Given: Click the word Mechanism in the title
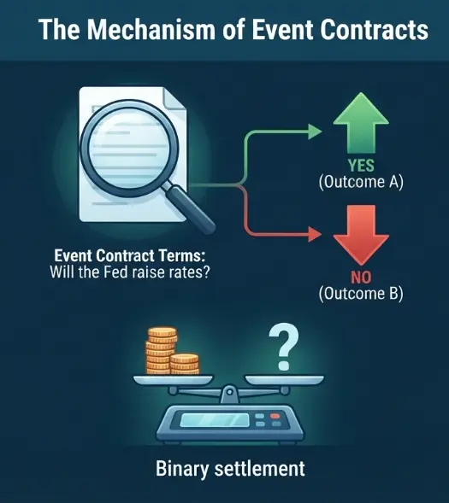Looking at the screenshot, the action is [x=151, y=30].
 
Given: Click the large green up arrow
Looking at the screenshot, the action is [x=361, y=122].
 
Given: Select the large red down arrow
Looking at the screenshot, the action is [x=361, y=235].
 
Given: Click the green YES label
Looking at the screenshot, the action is [x=361, y=166].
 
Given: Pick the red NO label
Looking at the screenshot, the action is [x=361, y=278].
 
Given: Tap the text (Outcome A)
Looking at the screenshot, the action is [x=361, y=182].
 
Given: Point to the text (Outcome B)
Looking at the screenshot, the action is [x=361, y=294].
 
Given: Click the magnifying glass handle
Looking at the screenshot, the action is [x=190, y=209].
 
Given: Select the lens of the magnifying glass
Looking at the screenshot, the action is [x=129, y=149].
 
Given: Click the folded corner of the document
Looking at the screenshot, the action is [x=175, y=98].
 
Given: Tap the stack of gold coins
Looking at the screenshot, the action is [x=172, y=351].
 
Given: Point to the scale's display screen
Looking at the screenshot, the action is [x=215, y=420].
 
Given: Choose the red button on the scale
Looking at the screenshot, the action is [x=275, y=416].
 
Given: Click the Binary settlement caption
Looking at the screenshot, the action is [x=230, y=469].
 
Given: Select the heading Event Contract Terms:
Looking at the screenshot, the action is [x=130, y=255].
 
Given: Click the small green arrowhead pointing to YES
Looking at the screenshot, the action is [x=315, y=132].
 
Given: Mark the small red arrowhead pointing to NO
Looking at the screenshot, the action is [x=315, y=235].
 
